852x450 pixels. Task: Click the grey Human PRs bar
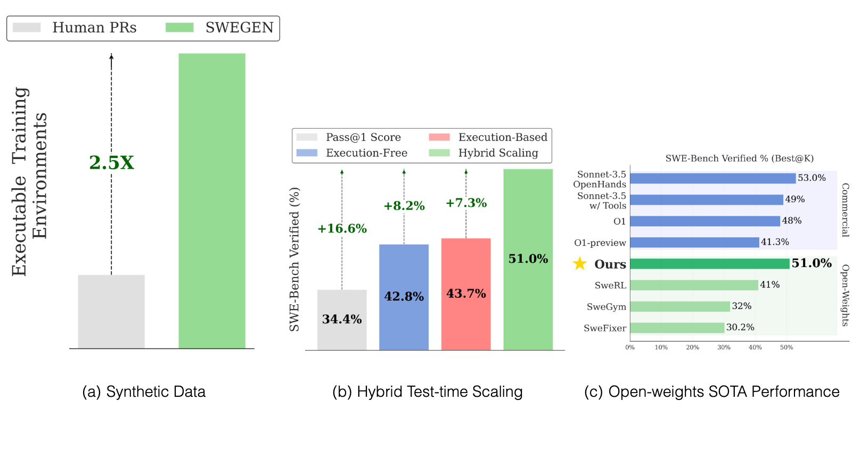[x=111, y=311]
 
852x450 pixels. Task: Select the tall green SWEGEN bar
[x=212, y=201]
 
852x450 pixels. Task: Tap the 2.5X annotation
[x=111, y=163]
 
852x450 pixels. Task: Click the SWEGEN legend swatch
[x=179, y=27]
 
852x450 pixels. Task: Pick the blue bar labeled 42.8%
[x=404, y=297]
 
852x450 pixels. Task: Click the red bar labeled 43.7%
[x=466, y=294]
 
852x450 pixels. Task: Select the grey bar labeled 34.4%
[x=342, y=320]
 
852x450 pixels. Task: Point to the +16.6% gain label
[x=342, y=228]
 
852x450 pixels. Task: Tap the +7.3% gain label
[x=466, y=203]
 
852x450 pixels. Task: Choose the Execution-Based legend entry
[x=488, y=137]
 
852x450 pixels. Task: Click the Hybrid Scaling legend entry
[x=484, y=153]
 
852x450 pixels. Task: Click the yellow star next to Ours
[x=580, y=263]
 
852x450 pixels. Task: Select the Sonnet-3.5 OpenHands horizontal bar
[x=713, y=178]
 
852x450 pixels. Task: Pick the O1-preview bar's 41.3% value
[x=775, y=241]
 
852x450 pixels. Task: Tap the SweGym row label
[x=607, y=307]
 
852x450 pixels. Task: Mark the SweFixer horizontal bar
[x=677, y=328]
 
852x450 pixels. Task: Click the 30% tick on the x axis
[x=724, y=347]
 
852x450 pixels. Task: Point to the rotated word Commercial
[x=845, y=210]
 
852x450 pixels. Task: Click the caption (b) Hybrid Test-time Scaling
[x=428, y=392]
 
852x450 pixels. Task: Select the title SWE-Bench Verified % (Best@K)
[x=740, y=159]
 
